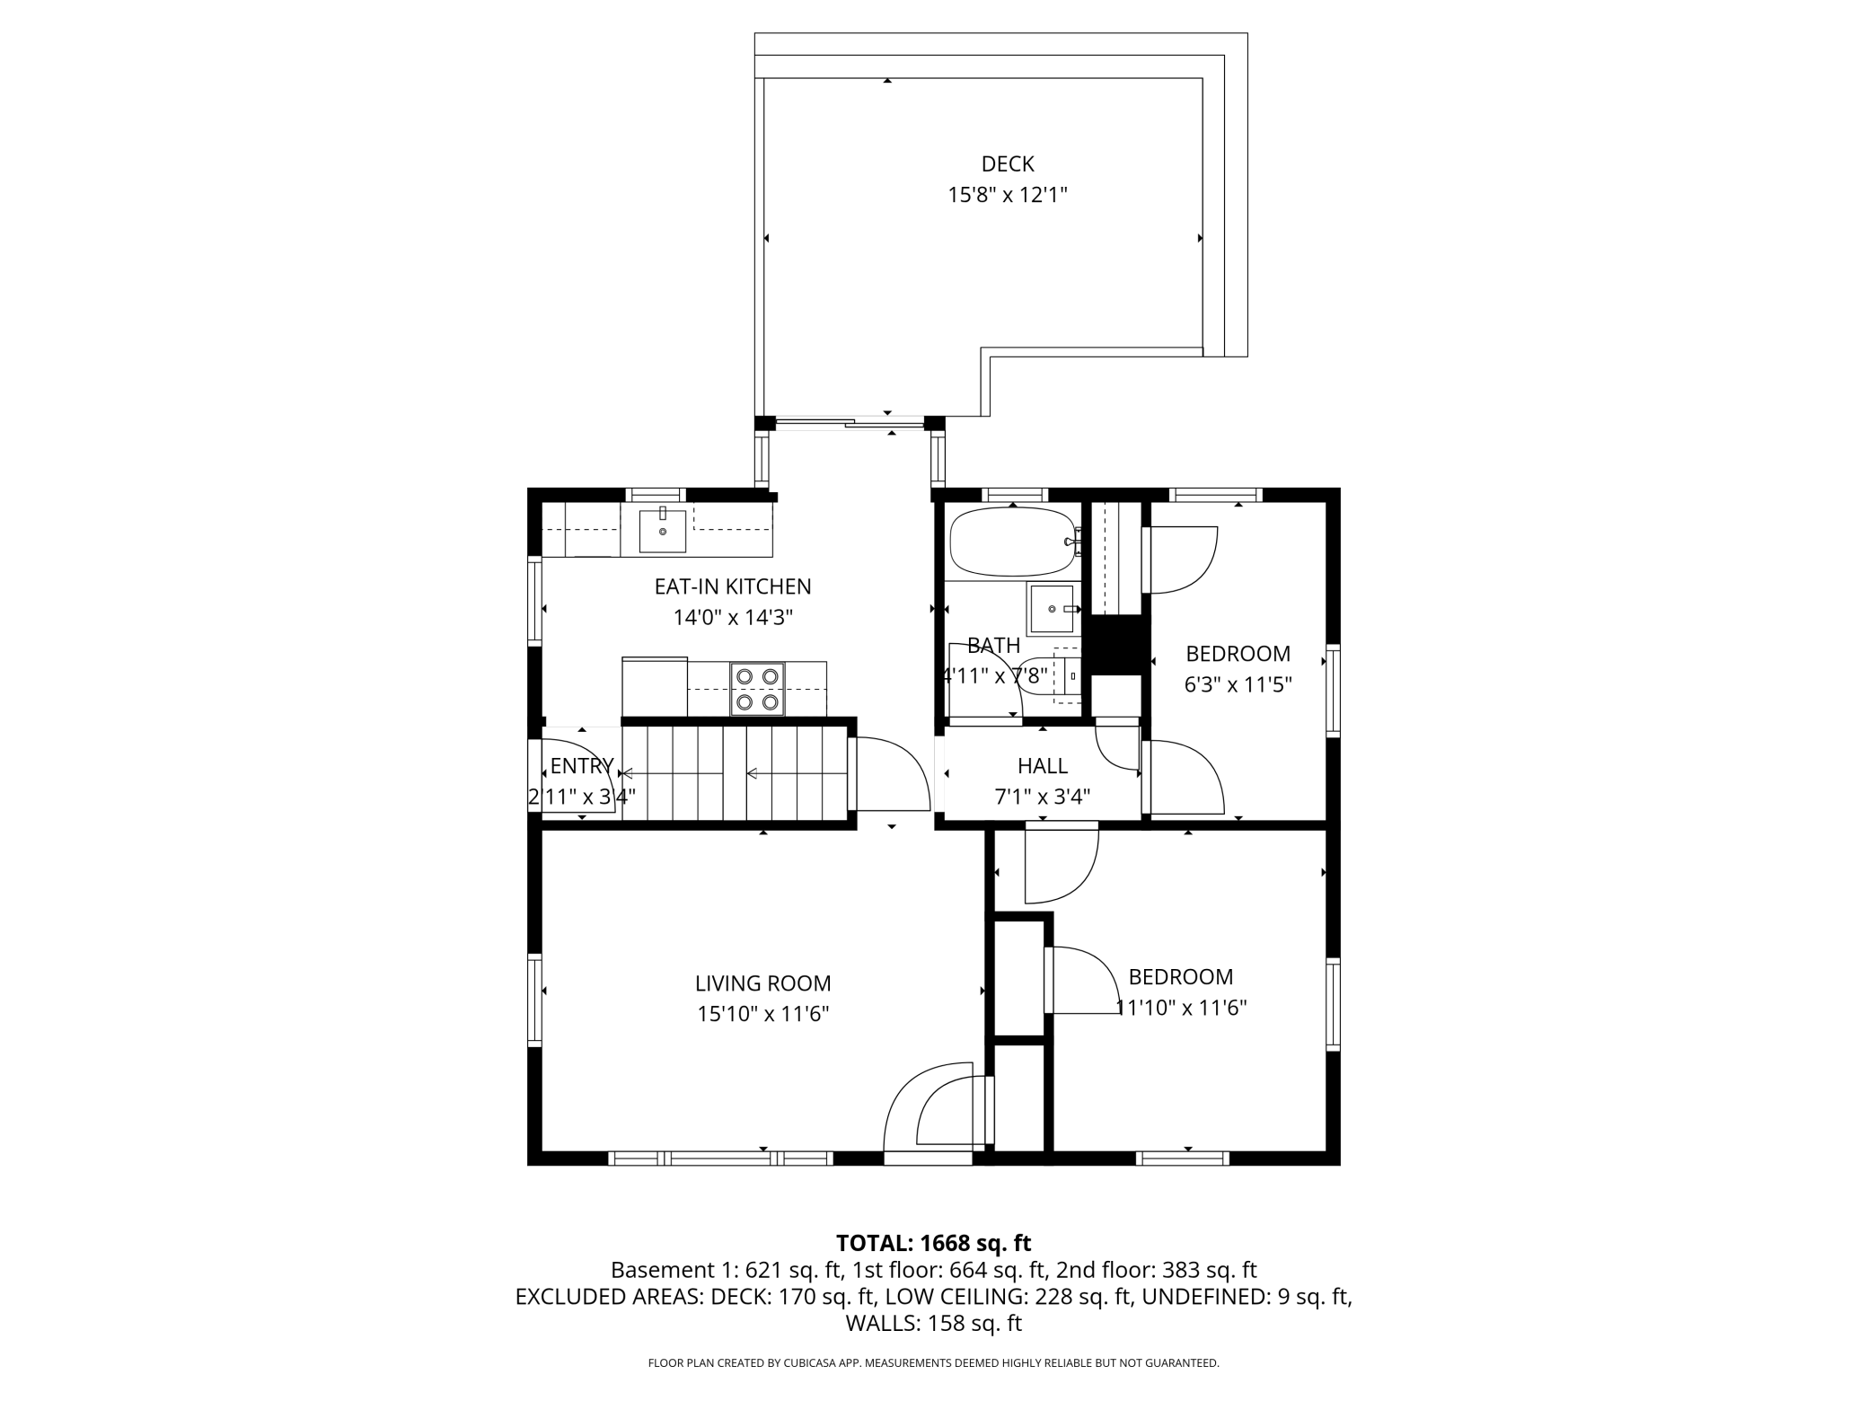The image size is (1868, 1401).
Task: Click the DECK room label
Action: point(1008,164)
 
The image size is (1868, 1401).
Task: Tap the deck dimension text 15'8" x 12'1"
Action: point(1008,195)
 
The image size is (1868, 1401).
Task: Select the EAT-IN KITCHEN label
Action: point(733,586)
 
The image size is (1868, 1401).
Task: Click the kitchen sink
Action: point(663,531)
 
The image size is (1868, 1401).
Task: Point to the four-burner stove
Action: point(757,689)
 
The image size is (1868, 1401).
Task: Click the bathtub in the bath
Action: point(1012,542)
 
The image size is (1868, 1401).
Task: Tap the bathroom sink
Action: point(1052,609)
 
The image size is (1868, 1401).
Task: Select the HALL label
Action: point(1043,766)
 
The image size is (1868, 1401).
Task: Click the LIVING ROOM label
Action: point(763,983)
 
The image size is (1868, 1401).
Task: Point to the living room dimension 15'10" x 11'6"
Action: point(763,1014)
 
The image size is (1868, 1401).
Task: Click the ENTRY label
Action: point(582,766)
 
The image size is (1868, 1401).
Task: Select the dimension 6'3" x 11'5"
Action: point(1238,685)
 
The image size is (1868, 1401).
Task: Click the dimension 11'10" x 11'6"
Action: point(1182,1008)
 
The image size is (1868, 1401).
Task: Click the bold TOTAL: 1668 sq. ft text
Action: point(934,1243)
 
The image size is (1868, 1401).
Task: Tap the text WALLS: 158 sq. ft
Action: point(934,1324)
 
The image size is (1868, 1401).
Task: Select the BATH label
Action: point(994,646)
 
